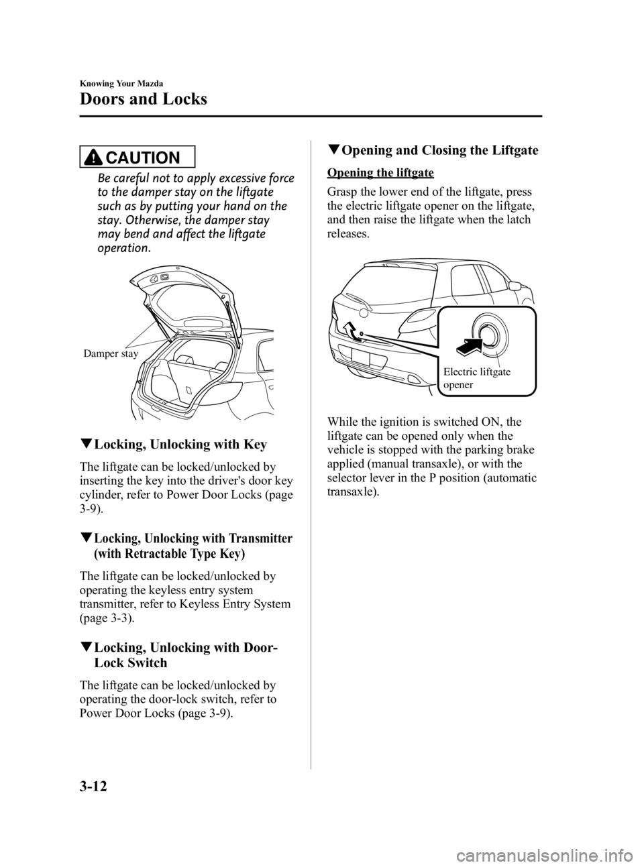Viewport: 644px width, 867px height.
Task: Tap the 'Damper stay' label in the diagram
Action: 111,353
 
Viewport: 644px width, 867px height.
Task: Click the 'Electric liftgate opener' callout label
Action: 477,379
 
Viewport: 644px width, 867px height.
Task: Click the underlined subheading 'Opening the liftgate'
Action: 380,173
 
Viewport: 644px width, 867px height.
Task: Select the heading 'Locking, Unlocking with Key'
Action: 180,445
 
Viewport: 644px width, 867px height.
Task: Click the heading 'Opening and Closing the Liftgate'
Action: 440,150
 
